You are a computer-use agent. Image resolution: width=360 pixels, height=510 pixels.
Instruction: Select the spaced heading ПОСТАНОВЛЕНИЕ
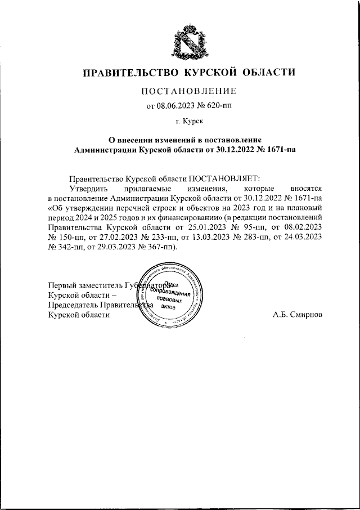[188, 91]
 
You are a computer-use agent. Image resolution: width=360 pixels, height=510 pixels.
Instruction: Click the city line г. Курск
[189, 120]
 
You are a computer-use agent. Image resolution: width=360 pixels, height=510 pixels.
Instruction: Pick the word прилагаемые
[140, 187]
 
